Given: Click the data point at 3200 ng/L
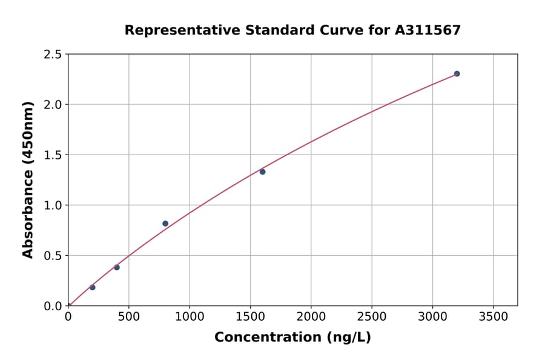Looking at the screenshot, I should [x=457, y=74].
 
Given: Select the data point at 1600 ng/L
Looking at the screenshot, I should [x=262, y=172].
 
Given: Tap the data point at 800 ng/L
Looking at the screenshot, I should [x=165, y=224].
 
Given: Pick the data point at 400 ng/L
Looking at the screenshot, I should [x=117, y=267].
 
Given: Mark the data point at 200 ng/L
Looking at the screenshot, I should [x=92, y=287].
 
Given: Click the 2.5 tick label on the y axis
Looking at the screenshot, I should [x=53, y=55].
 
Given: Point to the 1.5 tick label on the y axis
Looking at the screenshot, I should [x=53, y=155].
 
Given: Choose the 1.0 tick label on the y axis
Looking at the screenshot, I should [x=53, y=205].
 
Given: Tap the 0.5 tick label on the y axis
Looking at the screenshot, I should [x=53, y=256].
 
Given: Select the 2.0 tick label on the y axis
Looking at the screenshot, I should [x=53, y=105].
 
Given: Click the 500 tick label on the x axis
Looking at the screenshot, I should [x=128, y=317].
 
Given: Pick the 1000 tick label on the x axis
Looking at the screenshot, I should [x=190, y=317].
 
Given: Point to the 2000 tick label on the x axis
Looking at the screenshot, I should [x=311, y=317].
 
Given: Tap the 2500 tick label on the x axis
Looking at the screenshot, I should [x=372, y=317].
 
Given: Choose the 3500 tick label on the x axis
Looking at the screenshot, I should [x=494, y=317].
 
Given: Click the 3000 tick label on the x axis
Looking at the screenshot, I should [x=432, y=317].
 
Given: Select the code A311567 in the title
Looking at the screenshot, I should [x=428, y=30].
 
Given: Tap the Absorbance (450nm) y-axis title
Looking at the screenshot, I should [x=28, y=179].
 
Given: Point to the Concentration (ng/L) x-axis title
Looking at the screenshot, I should [x=292, y=338].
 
